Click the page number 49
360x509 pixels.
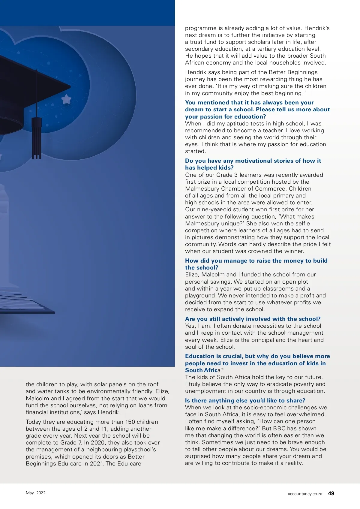click(x=331, y=493)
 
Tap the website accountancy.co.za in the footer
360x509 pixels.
click(x=305, y=494)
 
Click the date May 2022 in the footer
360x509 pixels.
click(x=35, y=493)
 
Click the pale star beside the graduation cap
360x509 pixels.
click(x=66, y=99)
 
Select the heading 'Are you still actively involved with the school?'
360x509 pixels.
click(x=253, y=319)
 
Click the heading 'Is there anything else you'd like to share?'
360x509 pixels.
click(x=245, y=400)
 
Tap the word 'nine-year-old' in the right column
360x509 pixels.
click(x=215, y=209)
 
